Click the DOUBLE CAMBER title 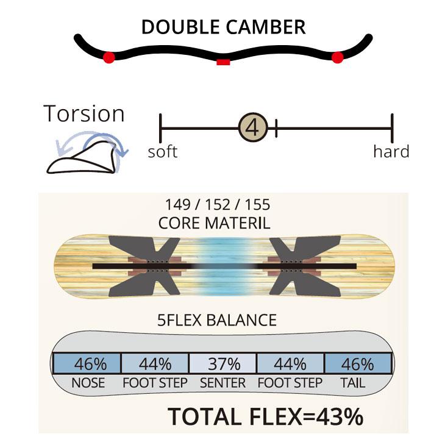tap(223, 27)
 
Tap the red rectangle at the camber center tap(223, 62)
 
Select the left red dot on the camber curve tap(109, 58)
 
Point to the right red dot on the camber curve tap(338, 57)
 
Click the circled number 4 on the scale tap(253, 128)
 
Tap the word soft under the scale tap(163, 152)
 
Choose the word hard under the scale tap(391, 151)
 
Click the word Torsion tap(84, 113)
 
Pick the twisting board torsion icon tap(87, 152)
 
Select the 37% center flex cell tap(222, 363)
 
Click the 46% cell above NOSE tap(87, 363)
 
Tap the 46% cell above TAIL tap(358, 363)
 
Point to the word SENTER tap(222, 383)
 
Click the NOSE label tap(88, 383)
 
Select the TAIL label tap(353, 383)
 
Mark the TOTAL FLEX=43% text tap(265, 416)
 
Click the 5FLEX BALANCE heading tap(217, 320)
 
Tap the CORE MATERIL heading tap(214, 223)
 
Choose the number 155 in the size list tap(257, 205)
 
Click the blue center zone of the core tap(224, 266)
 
